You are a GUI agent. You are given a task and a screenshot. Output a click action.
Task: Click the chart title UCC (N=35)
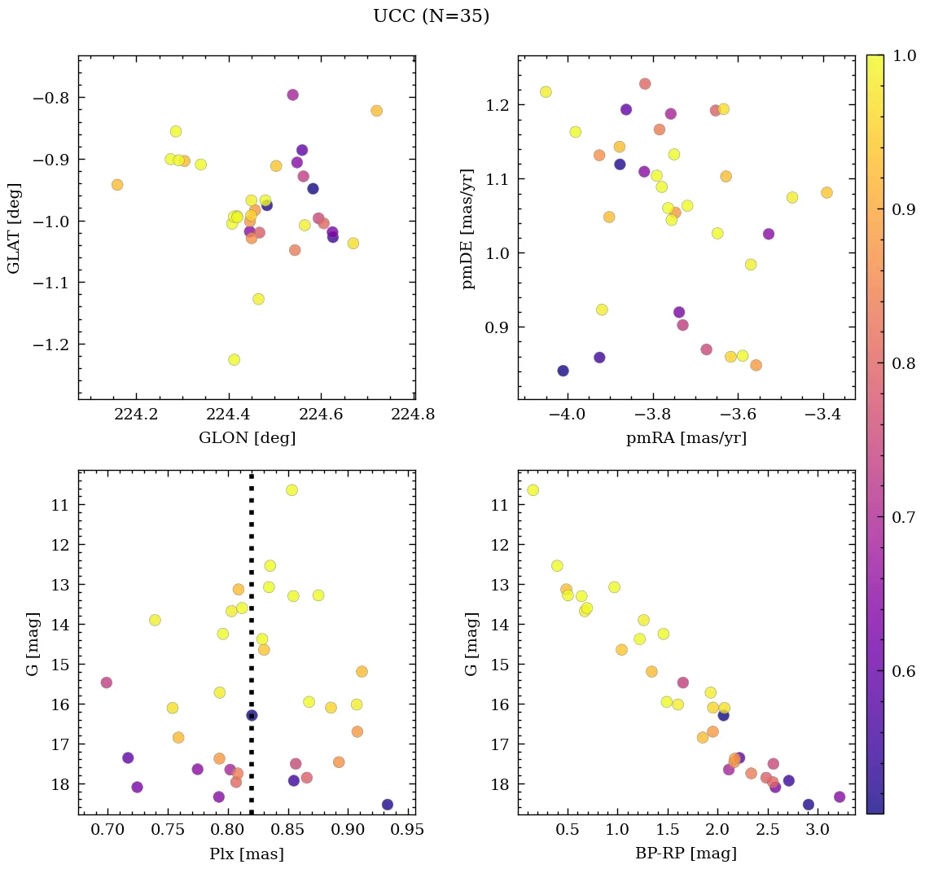coord(431,16)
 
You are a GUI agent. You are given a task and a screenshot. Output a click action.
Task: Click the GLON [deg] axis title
coord(247,438)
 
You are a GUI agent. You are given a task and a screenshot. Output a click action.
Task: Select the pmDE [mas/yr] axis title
coord(467,228)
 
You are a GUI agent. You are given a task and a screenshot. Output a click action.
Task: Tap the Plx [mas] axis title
coord(247,854)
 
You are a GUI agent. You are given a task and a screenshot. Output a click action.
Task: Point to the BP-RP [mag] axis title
coord(686,854)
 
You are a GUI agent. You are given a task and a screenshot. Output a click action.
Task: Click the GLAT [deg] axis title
coord(14,228)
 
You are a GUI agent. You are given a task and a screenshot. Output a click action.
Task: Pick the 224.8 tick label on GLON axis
coord(414,415)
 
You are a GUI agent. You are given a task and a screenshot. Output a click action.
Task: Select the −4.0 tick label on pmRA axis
coord(567,415)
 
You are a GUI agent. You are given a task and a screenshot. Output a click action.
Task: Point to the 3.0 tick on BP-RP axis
coord(817,831)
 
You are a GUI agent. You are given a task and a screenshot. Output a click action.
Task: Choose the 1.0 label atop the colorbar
coord(903,55)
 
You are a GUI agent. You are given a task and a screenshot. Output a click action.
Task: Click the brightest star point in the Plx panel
coord(292,489)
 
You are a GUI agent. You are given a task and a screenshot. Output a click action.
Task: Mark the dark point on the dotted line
coord(252,715)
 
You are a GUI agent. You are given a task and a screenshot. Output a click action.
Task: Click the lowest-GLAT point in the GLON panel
coord(234,359)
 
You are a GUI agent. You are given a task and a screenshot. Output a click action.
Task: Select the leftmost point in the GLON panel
coord(117,185)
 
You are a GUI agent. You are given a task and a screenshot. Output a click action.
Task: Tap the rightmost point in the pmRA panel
coord(826,192)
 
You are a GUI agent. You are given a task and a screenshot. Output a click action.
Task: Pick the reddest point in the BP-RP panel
coord(840,797)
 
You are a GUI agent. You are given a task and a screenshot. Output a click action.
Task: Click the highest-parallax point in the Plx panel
coord(387,805)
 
